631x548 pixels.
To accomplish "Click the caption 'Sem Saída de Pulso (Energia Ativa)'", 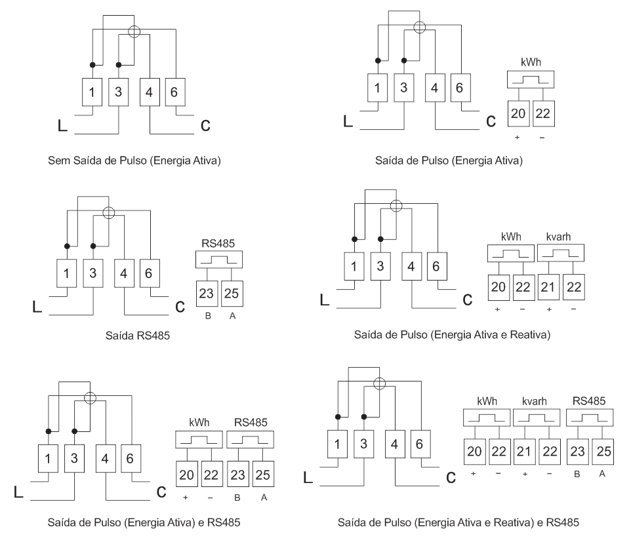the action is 134,161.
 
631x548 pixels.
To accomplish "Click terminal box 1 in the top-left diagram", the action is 92,92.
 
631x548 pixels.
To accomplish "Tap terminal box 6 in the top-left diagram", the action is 175,92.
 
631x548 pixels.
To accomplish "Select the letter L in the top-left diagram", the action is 62,125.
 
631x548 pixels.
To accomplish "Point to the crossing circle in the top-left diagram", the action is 134,31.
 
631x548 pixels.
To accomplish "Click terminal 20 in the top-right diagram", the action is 518,114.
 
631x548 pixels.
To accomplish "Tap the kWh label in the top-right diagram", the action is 531,62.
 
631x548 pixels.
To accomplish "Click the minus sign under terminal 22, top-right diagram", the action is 542,138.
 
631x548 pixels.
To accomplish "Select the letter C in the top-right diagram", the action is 491,121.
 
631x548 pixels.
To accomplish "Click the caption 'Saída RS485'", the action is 138,336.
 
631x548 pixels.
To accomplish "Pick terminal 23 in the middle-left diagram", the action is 207,294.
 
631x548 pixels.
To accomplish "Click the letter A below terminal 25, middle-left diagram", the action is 233,316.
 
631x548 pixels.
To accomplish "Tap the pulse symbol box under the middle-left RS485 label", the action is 219,260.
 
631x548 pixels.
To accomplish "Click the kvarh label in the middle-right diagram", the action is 559,237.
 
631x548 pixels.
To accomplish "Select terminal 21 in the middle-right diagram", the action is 548,287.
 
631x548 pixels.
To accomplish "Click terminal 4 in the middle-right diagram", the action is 411,266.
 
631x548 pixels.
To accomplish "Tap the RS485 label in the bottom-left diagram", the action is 251,422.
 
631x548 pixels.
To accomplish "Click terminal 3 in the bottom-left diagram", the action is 75,458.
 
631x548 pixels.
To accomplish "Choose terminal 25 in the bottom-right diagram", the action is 603,452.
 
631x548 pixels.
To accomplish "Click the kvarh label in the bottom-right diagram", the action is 535,401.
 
